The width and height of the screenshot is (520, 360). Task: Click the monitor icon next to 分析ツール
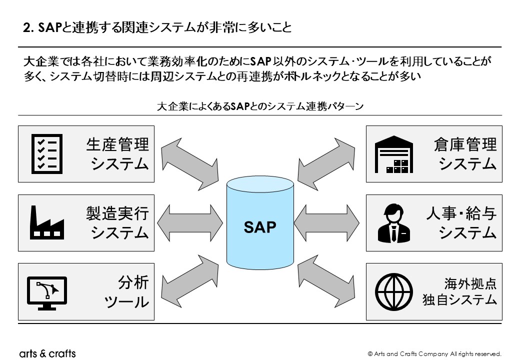point(46,292)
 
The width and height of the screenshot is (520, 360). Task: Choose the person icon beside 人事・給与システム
point(394,222)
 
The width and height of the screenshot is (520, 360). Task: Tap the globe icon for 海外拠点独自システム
point(394,292)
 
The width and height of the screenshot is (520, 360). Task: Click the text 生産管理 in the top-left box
point(117,144)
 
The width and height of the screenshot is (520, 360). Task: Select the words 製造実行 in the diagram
point(117,213)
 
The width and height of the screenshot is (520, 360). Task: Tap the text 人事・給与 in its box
point(461,213)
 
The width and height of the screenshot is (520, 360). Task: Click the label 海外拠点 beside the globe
point(470,283)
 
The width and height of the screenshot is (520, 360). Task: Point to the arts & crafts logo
point(47,353)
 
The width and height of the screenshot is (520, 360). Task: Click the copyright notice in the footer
point(434,353)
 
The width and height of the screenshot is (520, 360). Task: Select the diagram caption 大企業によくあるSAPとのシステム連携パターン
point(259,106)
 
